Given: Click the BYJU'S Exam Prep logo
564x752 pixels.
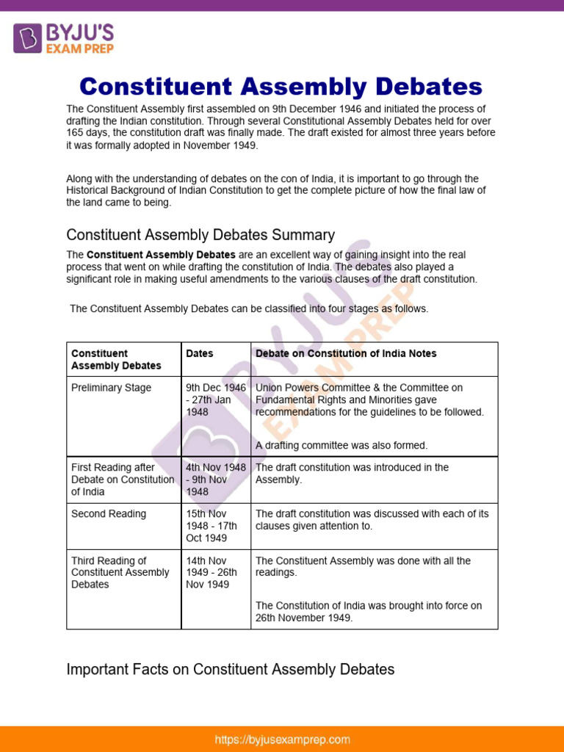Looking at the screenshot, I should pyautogui.click(x=64, y=37).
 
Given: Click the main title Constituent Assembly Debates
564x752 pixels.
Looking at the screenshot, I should pyautogui.click(x=281, y=87).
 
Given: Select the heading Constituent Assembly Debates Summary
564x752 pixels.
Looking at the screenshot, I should pyautogui.click(x=200, y=235).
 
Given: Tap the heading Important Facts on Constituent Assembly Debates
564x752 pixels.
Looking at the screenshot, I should pyautogui.click(x=230, y=669).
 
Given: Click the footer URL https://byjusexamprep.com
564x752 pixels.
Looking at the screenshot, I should pyautogui.click(x=282, y=740).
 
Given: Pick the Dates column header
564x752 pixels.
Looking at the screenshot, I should pyautogui.click(x=200, y=354).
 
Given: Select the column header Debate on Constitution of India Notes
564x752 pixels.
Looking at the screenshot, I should pyautogui.click(x=346, y=354).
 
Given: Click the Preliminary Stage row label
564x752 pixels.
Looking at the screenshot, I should pyautogui.click(x=111, y=388).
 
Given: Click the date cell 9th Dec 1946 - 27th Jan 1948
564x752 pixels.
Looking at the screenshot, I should pyautogui.click(x=216, y=399).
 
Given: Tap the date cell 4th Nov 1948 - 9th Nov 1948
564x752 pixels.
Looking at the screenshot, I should pyautogui.click(x=216, y=480).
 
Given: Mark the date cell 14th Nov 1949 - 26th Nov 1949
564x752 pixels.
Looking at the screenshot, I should pyautogui.click(x=211, y=573).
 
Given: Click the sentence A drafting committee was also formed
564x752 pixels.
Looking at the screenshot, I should pyautogui.click(x=341, y=446).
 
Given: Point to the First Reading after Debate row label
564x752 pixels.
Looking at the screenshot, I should pyautogui.click(x=123, y=480).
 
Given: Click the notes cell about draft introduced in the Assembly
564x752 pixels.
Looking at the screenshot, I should pyautogui.click(x=352, y=474).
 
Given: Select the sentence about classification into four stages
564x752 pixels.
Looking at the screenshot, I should pyautogui.click(x=249, y=309).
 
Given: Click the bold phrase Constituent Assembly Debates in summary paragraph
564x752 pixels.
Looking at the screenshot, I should pyautogui.click(x=161, y=255).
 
